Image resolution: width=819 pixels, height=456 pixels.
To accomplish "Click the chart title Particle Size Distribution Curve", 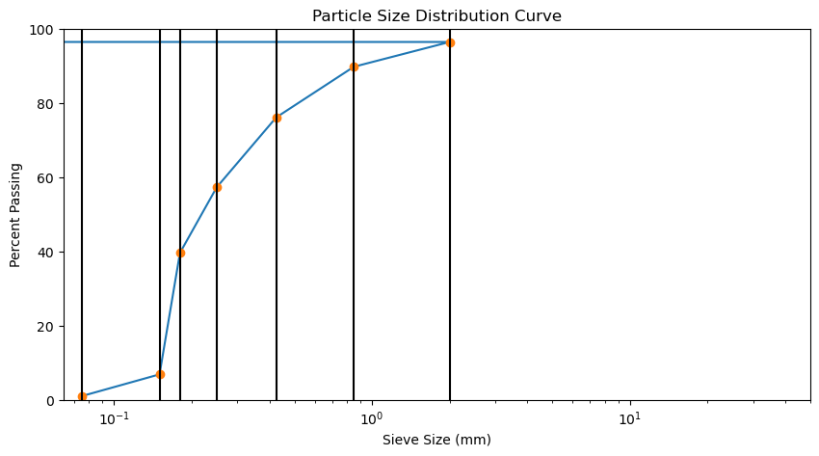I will [436, 16].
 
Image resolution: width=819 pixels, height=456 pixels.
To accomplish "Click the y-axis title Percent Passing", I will [16, 215].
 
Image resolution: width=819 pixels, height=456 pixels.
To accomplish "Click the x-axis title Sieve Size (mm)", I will [436, 441].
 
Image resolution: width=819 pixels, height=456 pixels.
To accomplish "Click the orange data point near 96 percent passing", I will [450, 42].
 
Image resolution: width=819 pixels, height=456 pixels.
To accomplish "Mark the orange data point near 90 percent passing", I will [354, 67].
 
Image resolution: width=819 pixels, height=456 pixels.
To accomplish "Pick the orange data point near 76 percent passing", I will [277, 118].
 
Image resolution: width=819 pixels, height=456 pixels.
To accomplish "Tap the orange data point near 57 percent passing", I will [217, 187].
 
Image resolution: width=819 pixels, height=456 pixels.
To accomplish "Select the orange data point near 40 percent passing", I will [180, 253].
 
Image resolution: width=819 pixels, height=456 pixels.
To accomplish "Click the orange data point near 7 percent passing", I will [160, 374].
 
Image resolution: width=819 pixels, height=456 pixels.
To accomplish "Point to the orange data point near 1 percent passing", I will [82, 396].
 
